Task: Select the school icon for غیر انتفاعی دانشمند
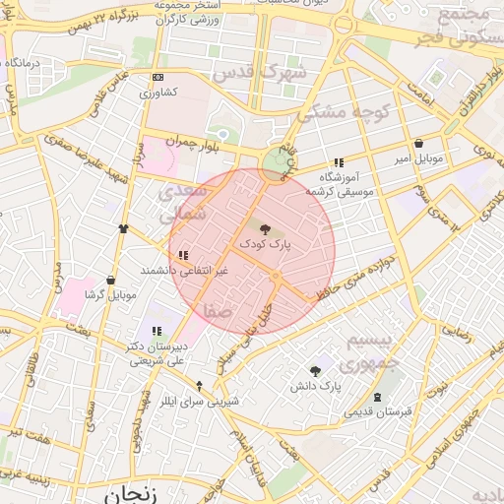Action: pyautogui.click(x=183, y=255)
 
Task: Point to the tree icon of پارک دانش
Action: pyautogui.click(x=315, y=371)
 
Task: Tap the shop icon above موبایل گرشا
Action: pyautogui.click(x=110, y=281)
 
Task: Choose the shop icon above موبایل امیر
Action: pyautogui.click(x=419, y=144)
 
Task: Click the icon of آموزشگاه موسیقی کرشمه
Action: pyautogui.click(x=339, y=162)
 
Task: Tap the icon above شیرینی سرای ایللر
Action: pyautogui.click(x=200, y=386)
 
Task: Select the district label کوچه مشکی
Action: pyautogui.click(x=344, y=111)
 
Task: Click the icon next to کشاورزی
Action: pyautogui.click(x=157, y=78)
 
